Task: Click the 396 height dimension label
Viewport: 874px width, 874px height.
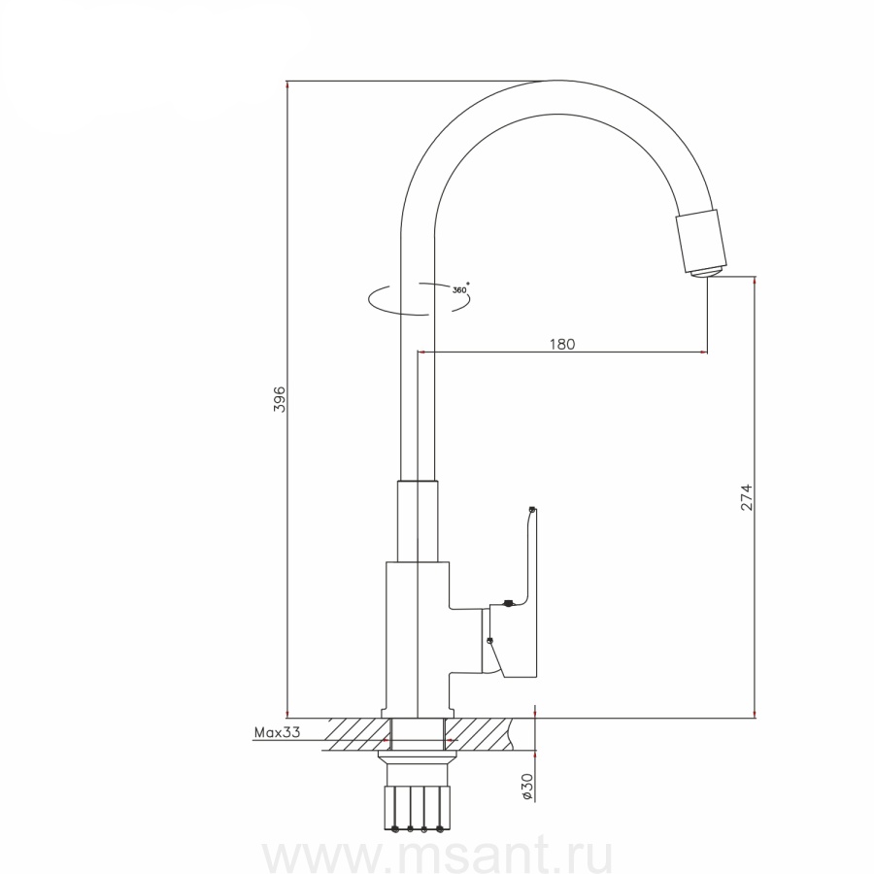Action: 280,399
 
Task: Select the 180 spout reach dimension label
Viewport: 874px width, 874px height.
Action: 562,344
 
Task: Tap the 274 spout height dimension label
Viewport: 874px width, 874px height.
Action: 747,498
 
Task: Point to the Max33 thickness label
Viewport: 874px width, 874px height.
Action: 277,732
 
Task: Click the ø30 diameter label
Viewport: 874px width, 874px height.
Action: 527,787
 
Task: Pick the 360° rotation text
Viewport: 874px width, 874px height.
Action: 460,288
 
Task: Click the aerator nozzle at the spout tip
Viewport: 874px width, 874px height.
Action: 702,242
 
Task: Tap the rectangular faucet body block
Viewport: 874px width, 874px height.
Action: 418,639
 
